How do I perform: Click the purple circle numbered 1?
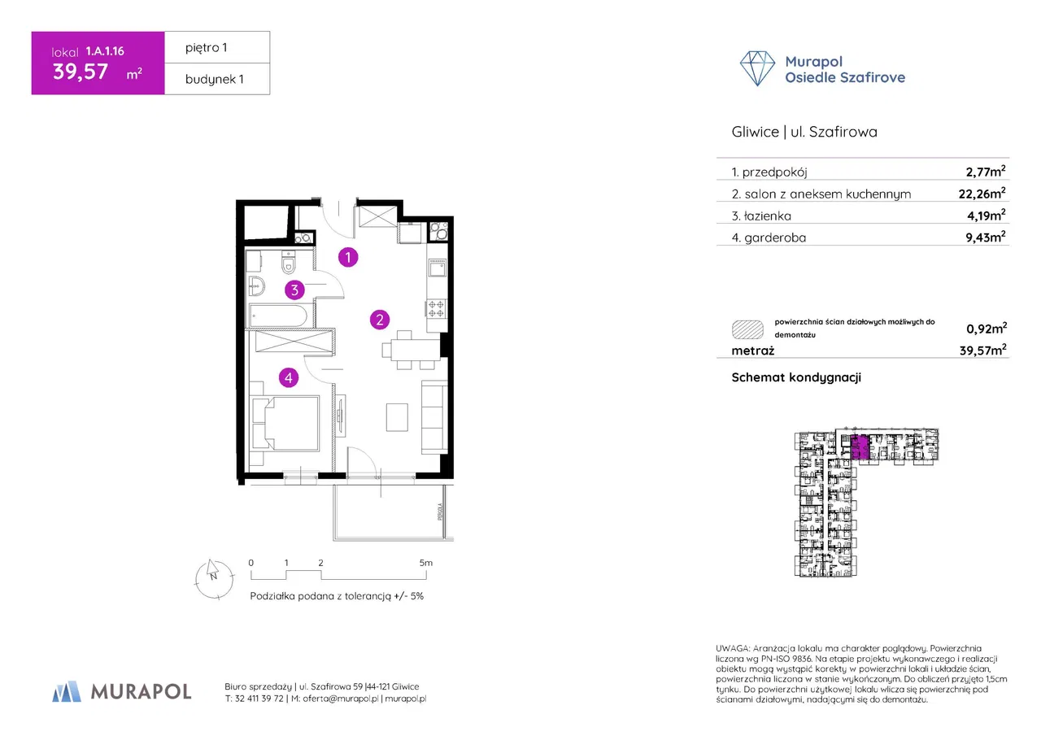pos(348,258)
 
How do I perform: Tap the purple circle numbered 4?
pos(288,377)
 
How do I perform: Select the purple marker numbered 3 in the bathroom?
pos(295,290)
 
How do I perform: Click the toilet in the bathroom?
pos(289,265)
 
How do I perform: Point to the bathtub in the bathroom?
pos(278,316)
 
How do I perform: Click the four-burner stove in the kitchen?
pos(436,307)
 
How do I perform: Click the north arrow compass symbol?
pos(211,577)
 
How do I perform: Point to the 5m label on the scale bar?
pos(425,563)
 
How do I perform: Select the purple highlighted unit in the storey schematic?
pos(860,447)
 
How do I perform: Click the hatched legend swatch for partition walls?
pos(747,329)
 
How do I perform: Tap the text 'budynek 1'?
pos(216,79)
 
